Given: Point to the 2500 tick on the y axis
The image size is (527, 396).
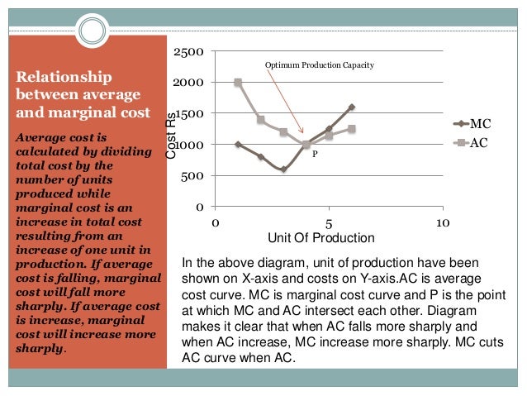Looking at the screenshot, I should (x=190, y=52).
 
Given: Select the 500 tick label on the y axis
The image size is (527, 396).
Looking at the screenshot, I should (x=194, y=175).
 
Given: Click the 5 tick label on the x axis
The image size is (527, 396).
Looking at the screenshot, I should (x=329, y=223).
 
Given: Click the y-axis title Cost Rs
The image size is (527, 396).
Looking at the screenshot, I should (x=171, y=136).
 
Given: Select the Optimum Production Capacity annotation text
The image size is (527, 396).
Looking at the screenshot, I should (x=320, y=64).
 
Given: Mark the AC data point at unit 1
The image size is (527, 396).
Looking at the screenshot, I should (x=238, y=83).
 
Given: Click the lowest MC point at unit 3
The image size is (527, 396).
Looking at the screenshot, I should (x=283, y=169).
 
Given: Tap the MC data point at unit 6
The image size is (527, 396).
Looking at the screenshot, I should (x=351, y=107).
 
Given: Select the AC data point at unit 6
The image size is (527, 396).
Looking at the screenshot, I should (x=351, y=129).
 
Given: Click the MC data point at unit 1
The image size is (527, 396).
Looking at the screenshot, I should (x=238, y=145).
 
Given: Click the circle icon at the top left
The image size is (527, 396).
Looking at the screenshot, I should (x=93, y=31).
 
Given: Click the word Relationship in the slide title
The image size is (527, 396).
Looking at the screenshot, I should (x=64, y=78).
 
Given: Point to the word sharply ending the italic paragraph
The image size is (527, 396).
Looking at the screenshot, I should (x=39, y=349).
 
